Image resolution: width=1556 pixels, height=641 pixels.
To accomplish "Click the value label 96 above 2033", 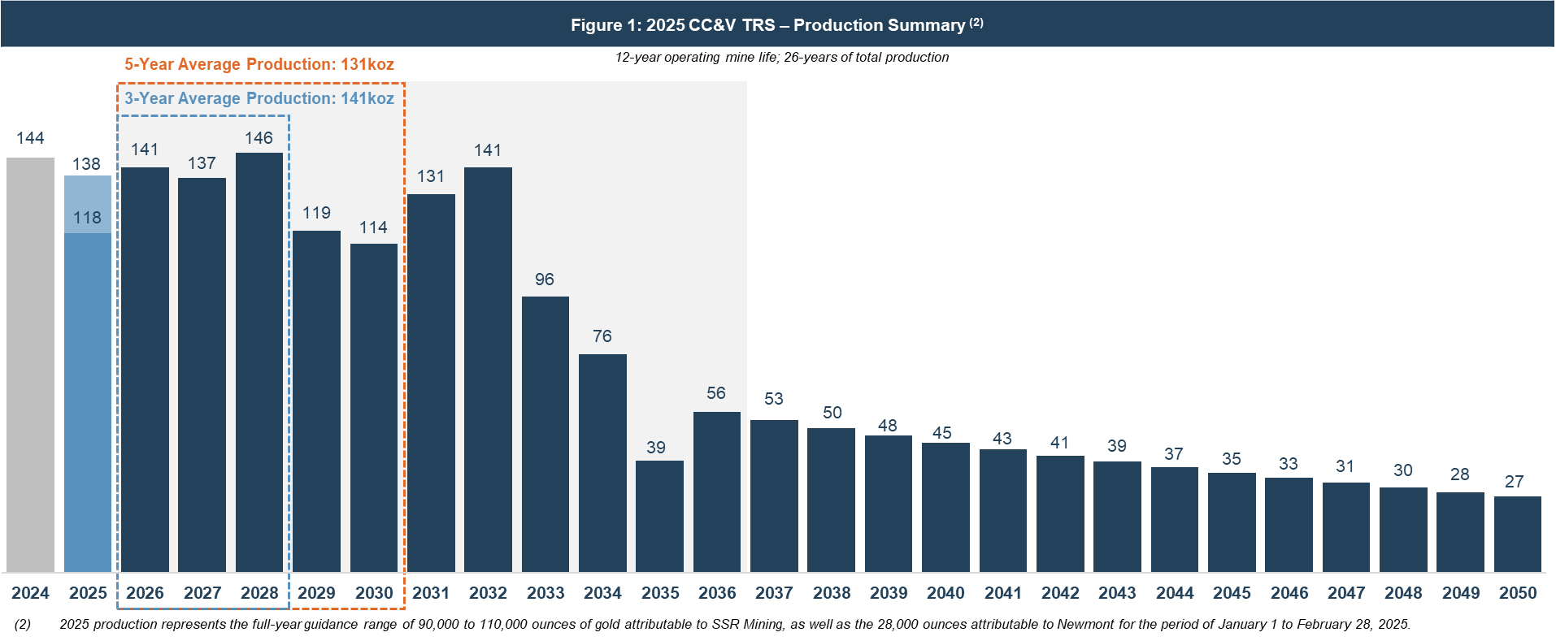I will [545, 279].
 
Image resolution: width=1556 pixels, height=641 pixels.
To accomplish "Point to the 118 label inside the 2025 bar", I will [87, 218].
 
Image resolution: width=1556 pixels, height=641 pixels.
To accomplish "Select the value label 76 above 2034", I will [602, 336].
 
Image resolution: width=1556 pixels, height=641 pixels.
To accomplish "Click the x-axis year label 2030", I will [374, 593].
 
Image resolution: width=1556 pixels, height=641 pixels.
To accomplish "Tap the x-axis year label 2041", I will [1003, 593].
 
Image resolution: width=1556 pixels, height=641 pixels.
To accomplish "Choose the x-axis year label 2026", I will [145, 593].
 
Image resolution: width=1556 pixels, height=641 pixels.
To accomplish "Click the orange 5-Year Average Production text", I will [259, 64].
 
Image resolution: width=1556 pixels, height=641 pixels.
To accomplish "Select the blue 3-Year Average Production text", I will [259, 98].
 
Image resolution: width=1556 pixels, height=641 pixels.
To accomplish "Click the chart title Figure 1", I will [776, 24].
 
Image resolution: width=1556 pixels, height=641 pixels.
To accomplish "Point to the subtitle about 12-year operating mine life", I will [781, 57].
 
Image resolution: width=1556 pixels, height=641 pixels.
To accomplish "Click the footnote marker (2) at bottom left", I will [23, 624].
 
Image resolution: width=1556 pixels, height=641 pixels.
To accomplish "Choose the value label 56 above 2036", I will [716, 393].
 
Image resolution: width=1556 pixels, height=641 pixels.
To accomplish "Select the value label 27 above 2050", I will [1514, 482].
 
